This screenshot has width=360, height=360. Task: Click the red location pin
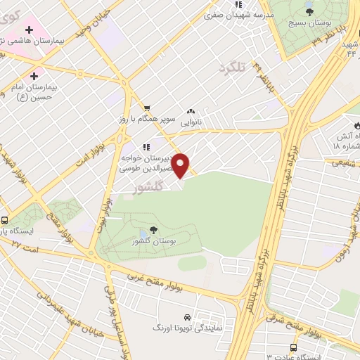[x=181, y=165]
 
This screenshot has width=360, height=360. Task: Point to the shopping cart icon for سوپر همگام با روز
[x=146, y=108]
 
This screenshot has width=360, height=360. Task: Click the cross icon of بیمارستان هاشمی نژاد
[x=29, y=30]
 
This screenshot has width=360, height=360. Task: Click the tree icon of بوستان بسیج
[x=309, y=11]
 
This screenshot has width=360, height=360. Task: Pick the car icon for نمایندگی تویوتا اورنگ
[x=186, y=317]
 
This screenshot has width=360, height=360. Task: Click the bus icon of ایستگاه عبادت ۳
[x=293, y=349]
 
